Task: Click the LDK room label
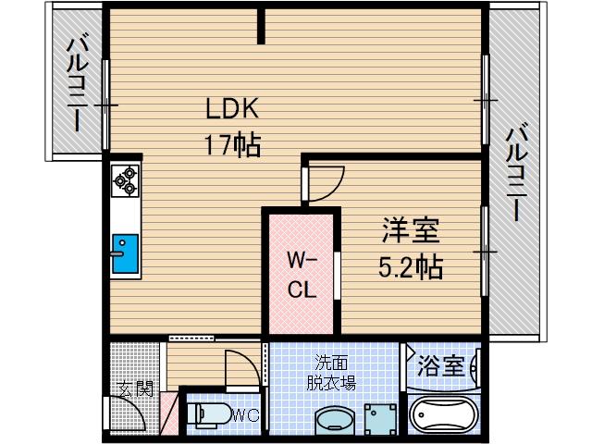[232, 109]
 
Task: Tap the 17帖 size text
[232, 144]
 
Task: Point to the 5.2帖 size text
[410, 267]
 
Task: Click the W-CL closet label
[302, 273]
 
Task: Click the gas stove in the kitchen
[125, 180]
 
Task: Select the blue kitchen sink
[124, 253]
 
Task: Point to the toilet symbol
[204, 413]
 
